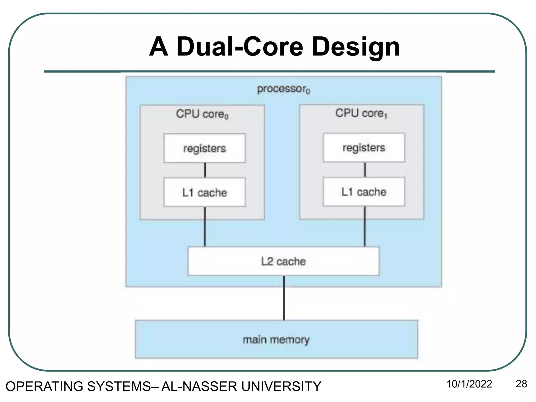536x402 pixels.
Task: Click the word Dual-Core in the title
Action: [x=239, y=47]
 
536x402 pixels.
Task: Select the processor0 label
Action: [x=283, y=89]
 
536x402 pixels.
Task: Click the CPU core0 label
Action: [x=202, y=114]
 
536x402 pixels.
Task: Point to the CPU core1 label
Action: [x=361, y=113]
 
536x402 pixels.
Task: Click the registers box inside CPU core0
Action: [x=205, y=148]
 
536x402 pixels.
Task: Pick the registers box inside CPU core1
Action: [x=364, y=148]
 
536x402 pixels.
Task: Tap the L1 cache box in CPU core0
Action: [x=205, y=192]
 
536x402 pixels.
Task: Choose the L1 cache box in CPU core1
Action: [x=364, y=192]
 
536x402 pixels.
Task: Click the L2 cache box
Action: [x=283, y=261]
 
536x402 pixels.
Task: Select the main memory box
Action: [x=276, y=339]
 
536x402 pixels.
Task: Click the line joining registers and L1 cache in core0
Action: [x=205, y=170]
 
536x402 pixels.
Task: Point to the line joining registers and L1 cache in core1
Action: [x=365, y=170]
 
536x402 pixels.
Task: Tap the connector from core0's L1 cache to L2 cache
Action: [x=205, y=227]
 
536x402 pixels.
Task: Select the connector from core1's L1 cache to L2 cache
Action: [x=365, y=227]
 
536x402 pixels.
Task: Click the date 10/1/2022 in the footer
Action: [x=469, y=384]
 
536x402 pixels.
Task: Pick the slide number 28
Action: [x=521, y=384]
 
